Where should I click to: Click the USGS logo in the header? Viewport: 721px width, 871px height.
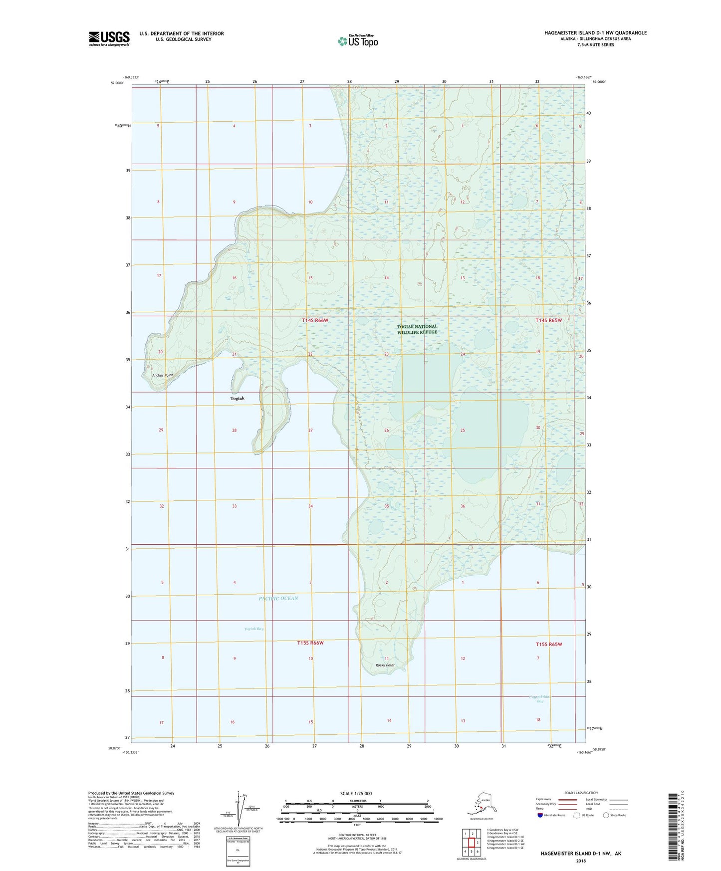(x=109, y=38)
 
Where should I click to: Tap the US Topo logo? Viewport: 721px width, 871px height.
(x=358, y=41)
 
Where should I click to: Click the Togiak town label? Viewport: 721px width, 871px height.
(x=237, y=398)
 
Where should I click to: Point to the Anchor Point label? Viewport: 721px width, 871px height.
(x=162, y=375)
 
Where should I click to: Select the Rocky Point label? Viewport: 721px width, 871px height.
(x=385, y=665)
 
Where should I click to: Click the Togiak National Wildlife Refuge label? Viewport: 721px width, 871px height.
(x=417, y=329)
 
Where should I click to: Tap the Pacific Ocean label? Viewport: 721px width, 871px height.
(x=278, y=598)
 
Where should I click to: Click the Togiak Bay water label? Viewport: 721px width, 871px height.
(x=253, y=629)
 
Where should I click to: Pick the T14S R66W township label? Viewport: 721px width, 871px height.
(x=315, y=320)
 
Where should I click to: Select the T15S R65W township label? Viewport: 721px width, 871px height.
(x=549, y=644)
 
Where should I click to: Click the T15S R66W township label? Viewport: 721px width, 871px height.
(x=310, y=643)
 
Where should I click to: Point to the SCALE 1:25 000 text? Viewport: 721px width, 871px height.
(x=356, y=793)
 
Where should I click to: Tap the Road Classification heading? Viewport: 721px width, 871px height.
(x=581, y=793)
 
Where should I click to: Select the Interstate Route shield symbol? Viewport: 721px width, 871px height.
(x=540, y=815)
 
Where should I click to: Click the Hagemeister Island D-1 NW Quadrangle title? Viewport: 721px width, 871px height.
(x=595, y=33)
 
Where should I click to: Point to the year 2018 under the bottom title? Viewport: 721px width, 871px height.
(x=581, y=861)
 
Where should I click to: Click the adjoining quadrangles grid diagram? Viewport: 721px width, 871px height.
(x=471, y=843)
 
